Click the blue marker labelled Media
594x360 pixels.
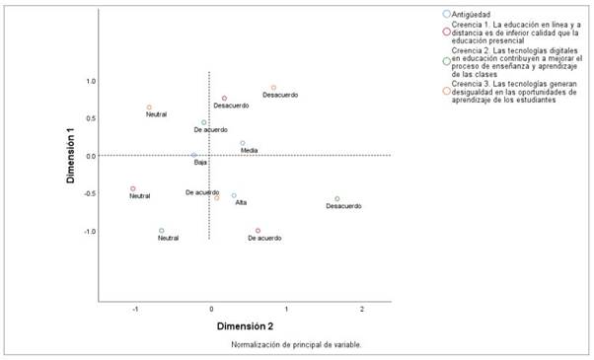[243, 143]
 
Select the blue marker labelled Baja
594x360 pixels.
[194, 155]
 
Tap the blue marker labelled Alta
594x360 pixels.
[234, 195]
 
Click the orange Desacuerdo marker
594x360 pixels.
[274, 88]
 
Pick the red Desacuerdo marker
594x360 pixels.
[225, 99]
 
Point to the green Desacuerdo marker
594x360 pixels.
[337, 199]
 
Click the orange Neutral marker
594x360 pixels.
[149, 108]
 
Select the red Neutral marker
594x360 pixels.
[132, 188]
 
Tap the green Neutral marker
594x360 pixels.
[162, 231]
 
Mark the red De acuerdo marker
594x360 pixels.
[259, 231]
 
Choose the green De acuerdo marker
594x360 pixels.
[204, 122]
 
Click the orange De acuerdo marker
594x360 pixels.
[217, 197]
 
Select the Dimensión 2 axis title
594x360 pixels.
[246, 324]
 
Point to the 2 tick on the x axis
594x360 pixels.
[362, 310]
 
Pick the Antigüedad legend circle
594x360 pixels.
[448, 15]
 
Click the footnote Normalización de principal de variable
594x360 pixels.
[296, 345]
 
